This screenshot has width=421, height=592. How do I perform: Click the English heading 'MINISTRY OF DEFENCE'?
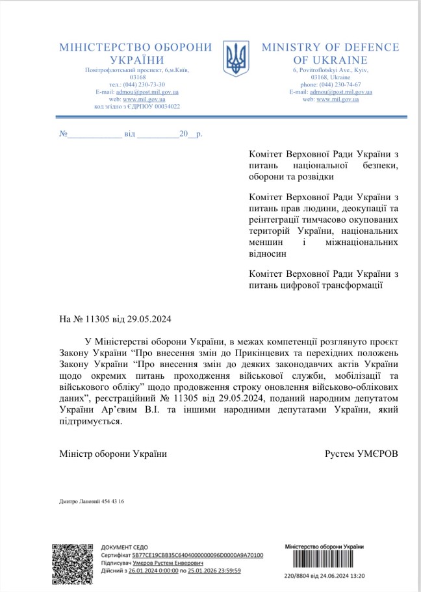coord(330,47)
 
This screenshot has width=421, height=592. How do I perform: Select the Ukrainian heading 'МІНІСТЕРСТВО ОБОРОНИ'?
coord(136,47)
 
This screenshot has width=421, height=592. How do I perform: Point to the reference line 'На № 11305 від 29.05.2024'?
coord(116,319)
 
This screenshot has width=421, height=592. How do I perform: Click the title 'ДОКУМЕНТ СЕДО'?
coord(124,548)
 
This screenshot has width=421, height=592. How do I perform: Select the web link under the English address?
coord(338,99)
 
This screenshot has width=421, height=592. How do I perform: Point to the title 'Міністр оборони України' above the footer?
coord(112,454)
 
